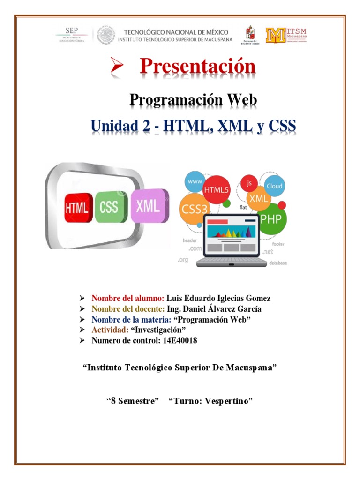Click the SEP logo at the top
point(70,35)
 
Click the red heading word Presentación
point(197,67)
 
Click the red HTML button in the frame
point(77,207)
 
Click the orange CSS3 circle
point(193,209)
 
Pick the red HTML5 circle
point(215,189)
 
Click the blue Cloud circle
point(274,186)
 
